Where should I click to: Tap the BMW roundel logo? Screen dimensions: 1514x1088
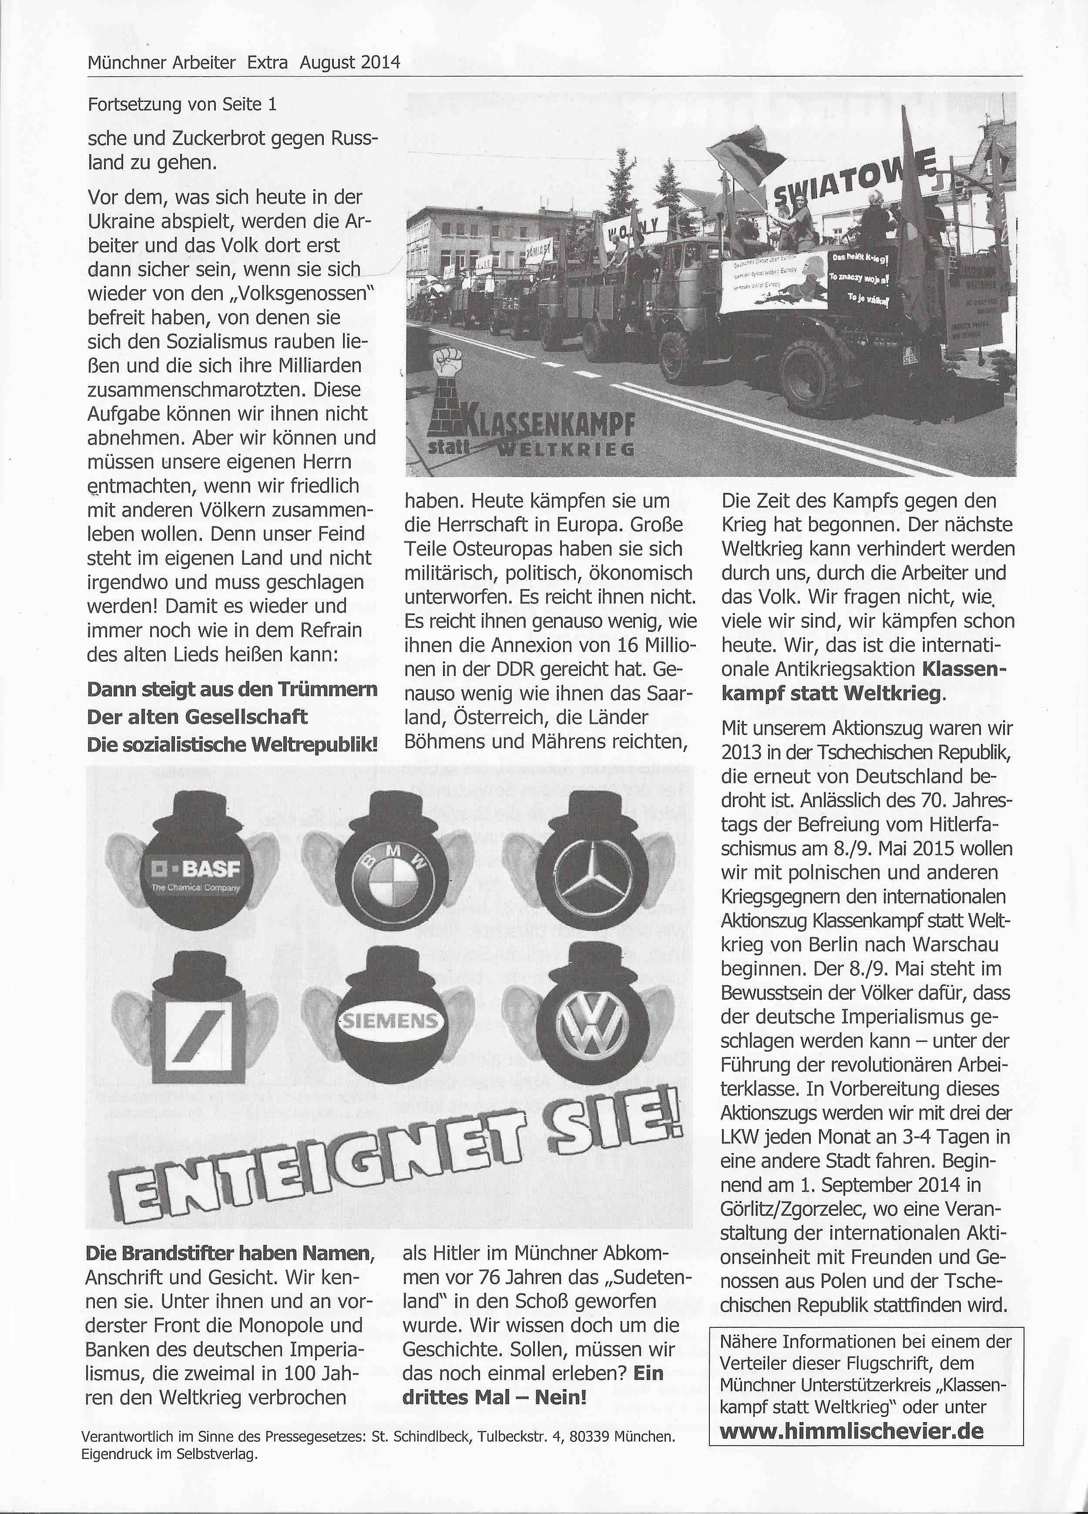pyautogui.click(x=392, y=883)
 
